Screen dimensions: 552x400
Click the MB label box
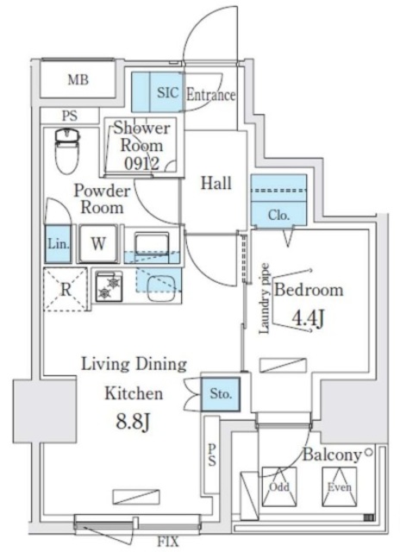[78, 81]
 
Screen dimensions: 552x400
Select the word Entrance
[209, 95]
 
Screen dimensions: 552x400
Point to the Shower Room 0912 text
[143, 145]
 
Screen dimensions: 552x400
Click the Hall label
[216, 183]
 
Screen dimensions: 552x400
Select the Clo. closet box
[278, 215]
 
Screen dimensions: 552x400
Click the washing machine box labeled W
[98, 243]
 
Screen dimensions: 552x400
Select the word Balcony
[331, 455]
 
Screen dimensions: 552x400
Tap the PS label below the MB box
[68, 115]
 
